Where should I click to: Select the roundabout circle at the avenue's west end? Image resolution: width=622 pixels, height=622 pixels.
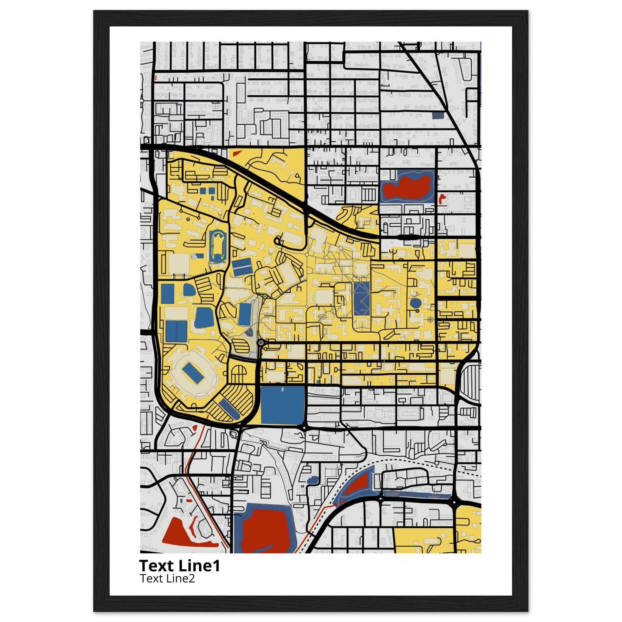[261, 343]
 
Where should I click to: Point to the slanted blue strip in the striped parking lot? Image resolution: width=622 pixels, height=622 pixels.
[230, 409]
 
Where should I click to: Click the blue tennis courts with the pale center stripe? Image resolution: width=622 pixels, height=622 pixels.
[242, 267]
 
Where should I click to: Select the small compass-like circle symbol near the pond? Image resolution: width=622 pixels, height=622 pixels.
[431, 320]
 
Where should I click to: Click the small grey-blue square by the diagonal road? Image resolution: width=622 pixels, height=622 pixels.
[438, 115]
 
